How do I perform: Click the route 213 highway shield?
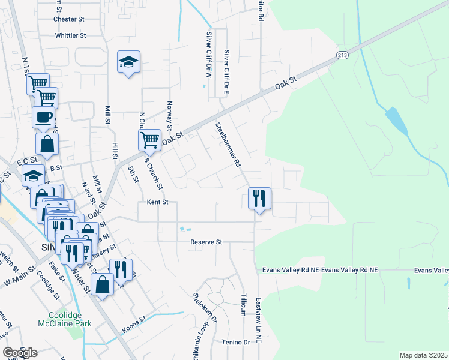[342, 55]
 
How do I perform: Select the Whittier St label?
[71, 35]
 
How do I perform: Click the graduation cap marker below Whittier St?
[128, 62]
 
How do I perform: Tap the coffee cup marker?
[43, 116]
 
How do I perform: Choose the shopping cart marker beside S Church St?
[149, 140]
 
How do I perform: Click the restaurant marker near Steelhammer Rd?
[260, 198]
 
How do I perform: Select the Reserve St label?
[206, 242]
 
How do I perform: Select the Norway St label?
[170, 115]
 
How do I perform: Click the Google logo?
[20, 353]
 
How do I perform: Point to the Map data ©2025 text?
[423, 355]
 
